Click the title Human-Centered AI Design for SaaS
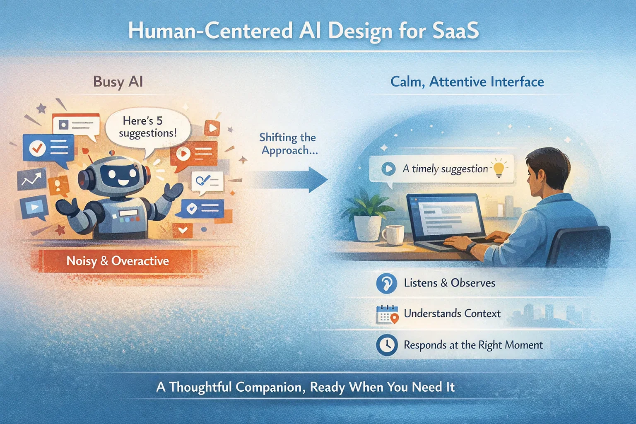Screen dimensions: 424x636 pyautogui.click(x=303, y=31)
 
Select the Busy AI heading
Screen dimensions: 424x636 pyautogui.click(x=118, y=82)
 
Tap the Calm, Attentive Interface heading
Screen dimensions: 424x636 pyautogui.click(x=467, y=82)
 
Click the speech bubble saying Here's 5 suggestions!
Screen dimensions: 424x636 pyautogui.click(x=147, y=127)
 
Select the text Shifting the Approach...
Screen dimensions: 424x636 pyautogui.click(x=288, y=144)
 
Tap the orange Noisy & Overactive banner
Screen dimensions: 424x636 pyautogui.click(x=118, y=261)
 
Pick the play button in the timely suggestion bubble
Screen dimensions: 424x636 pyautogui.click(x=388, y=169)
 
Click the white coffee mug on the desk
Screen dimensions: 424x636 pyautogui.click(x=392, y=235)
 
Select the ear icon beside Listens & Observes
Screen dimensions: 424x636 pyautogui.click(x=387, y=283)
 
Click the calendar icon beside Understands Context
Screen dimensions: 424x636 pyautogui.click(x=387, y=314)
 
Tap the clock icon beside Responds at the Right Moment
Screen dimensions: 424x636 pyautogui.click(x=387, y=345)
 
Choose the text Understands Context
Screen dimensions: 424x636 pyautogui.click(x=452, y=313)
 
